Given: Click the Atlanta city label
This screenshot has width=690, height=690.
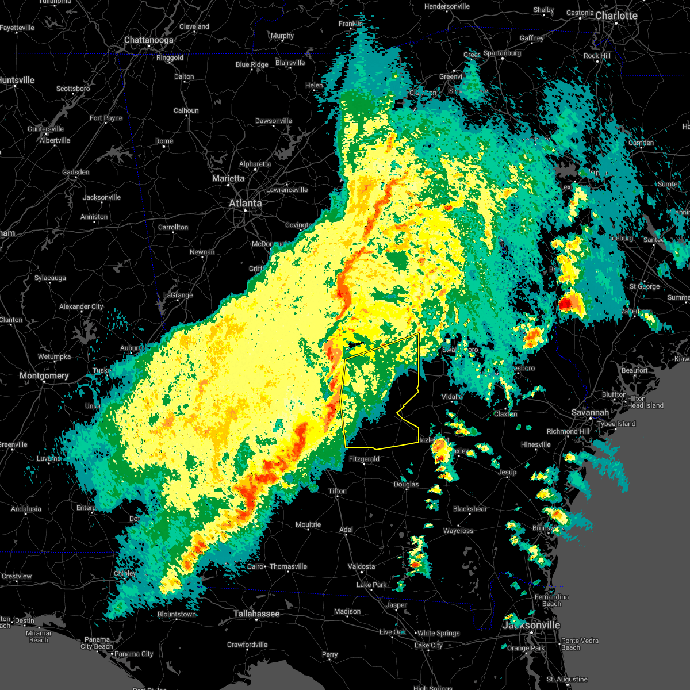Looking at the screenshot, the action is (245, 203).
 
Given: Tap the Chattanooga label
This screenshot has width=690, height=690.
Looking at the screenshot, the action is (148, 40).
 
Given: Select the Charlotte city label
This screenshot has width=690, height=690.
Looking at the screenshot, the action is (616, 16).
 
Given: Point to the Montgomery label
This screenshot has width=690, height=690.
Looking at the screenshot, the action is (44, 375).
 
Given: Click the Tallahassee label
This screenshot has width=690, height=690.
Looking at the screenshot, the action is (256, 614).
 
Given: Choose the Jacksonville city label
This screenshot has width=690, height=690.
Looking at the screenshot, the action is (532, 625).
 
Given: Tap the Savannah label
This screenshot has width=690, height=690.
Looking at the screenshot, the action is (590, 413).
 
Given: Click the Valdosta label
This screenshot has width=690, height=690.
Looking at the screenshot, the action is (362, 566).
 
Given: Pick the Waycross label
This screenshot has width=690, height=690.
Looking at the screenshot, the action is (458, 531).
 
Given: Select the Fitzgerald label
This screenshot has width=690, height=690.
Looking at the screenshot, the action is (363, 459).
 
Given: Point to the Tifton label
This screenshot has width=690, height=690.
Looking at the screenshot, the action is (338, 491).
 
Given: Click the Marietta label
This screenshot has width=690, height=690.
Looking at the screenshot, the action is (228, 178).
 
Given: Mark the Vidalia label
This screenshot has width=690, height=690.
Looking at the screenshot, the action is (452, 397).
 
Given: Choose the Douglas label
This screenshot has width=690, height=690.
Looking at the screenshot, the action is (406, 484).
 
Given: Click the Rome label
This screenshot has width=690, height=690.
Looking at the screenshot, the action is (164, 141).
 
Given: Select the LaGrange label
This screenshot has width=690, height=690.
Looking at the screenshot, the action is (178, 295).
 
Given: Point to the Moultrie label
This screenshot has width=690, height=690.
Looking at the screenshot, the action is (308, 524).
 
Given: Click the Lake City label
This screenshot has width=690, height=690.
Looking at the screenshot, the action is (428, 645).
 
